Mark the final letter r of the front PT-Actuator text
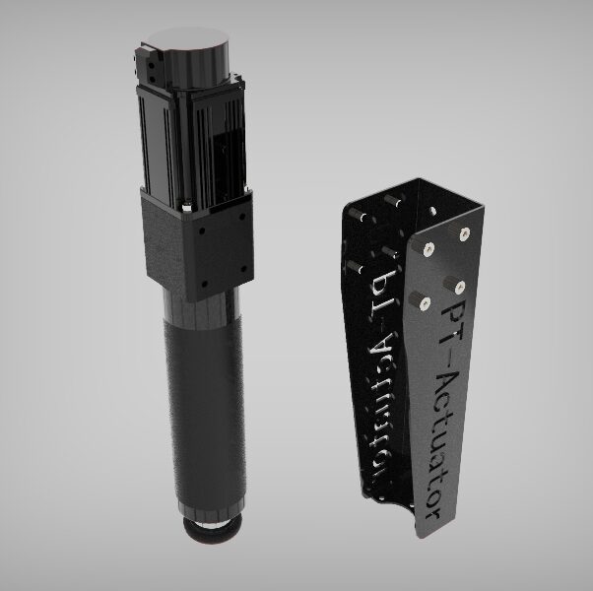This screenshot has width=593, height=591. tap(430, 513)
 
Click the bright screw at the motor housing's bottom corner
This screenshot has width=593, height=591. tap(186, 208)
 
